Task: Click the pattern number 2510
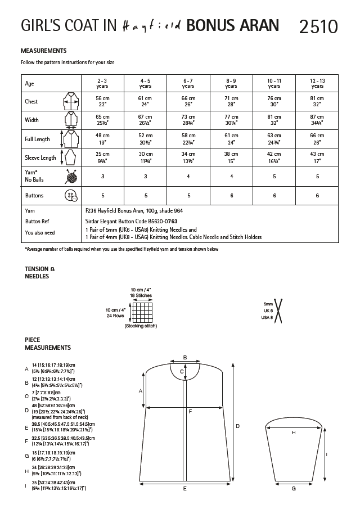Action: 319,26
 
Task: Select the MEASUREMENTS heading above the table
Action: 43,51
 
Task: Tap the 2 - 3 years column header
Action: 102,83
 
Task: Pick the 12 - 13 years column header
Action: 317,83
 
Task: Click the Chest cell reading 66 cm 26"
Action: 188,101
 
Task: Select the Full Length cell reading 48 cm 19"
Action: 102,139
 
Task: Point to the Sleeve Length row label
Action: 40,158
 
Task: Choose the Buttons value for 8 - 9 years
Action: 231,196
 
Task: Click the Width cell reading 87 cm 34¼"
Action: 317,120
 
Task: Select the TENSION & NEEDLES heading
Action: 38,272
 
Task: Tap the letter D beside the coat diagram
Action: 237,426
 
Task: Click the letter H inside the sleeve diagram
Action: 294,433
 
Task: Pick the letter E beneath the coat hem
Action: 185,489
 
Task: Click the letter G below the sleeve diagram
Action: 294,489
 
